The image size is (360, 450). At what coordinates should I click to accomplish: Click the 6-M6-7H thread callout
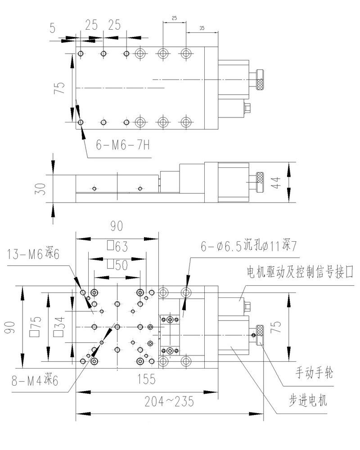point(122,145)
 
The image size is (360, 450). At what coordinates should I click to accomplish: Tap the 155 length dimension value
point(147,379)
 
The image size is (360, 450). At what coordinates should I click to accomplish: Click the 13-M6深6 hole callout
point(33,255)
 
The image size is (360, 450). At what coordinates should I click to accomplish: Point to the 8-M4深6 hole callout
point(35,381)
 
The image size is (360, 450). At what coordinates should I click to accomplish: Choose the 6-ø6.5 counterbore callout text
point(247,246)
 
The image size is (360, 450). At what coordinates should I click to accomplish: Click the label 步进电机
point(308,400)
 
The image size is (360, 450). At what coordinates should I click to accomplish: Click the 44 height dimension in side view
point(276,182)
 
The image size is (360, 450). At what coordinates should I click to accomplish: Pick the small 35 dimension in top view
point(201,28)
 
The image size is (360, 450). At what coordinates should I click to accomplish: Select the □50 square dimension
point(117,265)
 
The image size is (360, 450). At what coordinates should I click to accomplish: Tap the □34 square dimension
point(58,326)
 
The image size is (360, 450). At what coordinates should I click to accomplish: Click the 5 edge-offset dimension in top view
point(53,27)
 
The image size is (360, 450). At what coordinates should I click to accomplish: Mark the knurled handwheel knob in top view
point(260,80)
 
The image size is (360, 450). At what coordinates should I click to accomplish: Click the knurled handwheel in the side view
point(260,178)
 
